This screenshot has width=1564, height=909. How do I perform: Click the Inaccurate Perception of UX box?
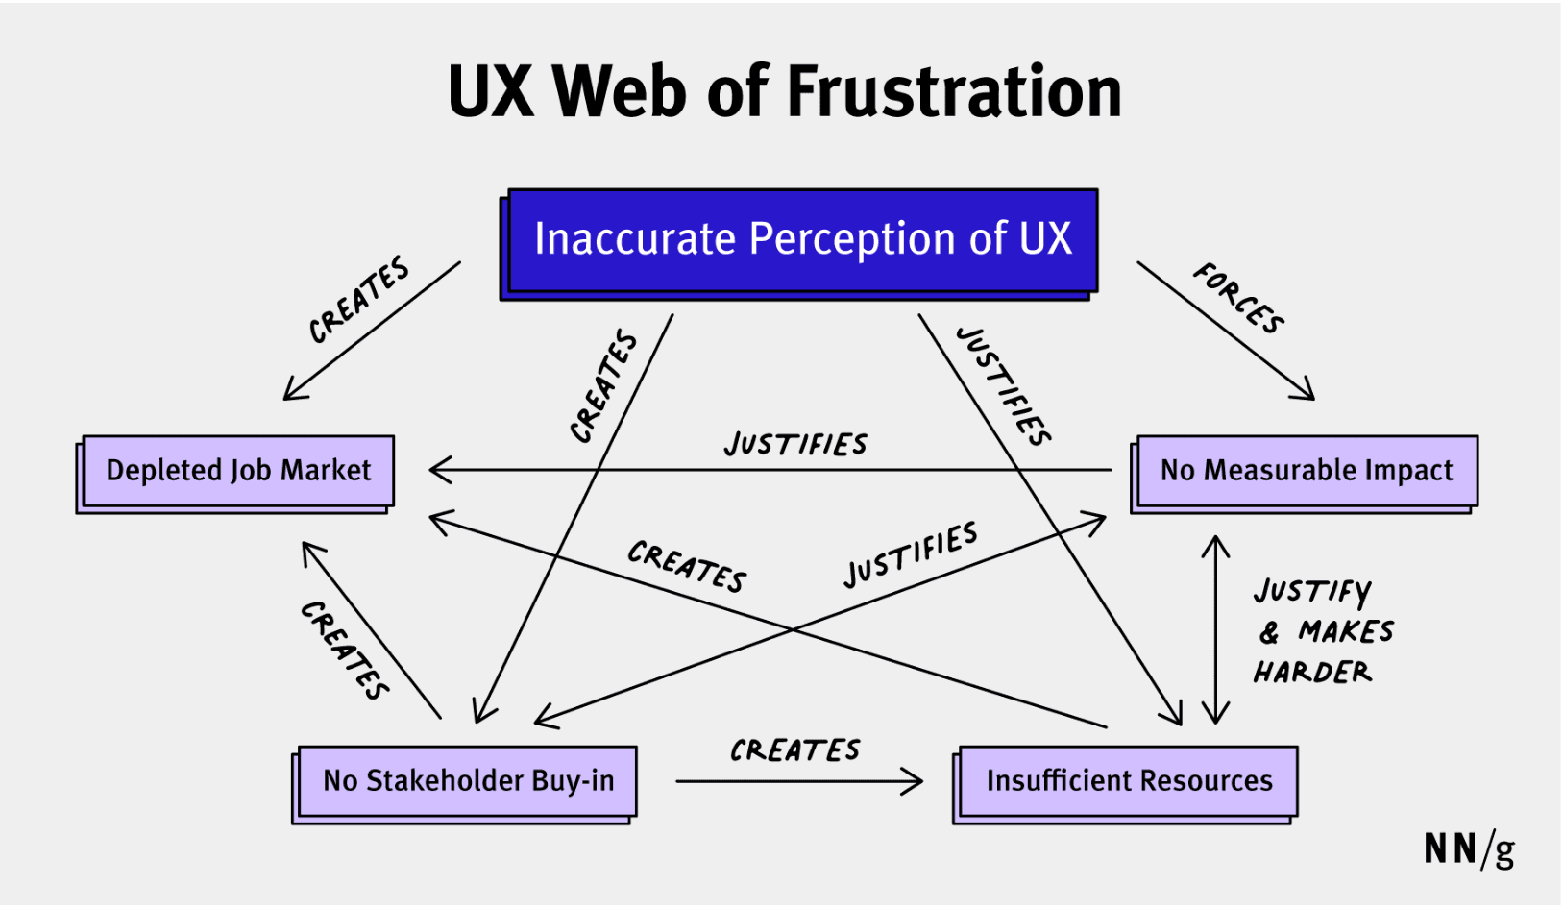pyautogui.click(x=802, y=240)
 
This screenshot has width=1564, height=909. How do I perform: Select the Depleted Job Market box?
pyautogui.click(x=237, y=471)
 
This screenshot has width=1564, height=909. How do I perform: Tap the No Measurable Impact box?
pyautogui.click(x=1307, y=471)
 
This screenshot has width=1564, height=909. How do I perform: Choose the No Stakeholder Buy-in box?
pyautogui.click(x=468, y=781)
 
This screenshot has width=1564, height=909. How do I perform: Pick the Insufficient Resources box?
pyautogui.click(x=1129, y=781)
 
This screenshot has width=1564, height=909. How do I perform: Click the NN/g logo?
pyautogui.click(x=1469, y=849)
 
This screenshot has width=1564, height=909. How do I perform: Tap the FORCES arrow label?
pyautogui.click(x=1239, y=299)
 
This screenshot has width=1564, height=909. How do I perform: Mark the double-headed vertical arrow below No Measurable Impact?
pyautogui.click(x=1216, y=629)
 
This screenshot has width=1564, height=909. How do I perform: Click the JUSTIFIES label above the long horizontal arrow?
pyautogui.click(x=795, y=444)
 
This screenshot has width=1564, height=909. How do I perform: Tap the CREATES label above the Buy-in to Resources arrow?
pyautogui.click(x=795, y=750)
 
